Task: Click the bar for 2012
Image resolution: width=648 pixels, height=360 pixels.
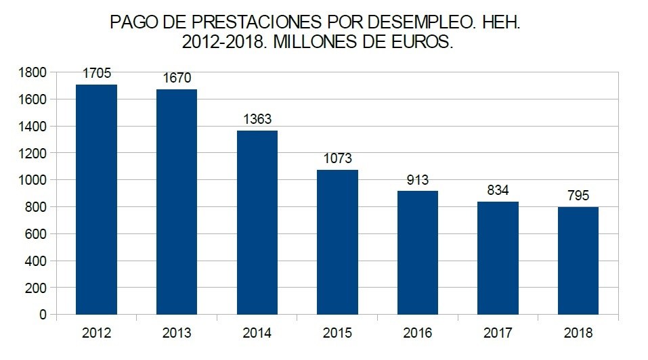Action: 96,200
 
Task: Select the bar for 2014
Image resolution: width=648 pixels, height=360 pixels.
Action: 257,223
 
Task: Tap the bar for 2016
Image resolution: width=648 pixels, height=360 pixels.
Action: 418,253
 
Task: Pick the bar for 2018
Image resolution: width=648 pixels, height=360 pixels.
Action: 578,261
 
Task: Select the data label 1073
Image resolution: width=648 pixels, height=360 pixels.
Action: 337,160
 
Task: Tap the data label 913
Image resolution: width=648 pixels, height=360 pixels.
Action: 418,181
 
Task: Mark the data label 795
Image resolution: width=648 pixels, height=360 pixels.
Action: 578,197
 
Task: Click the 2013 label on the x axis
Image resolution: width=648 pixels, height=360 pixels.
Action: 177,333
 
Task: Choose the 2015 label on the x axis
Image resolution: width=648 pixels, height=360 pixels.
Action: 337,333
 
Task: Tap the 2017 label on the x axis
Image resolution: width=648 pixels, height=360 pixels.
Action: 498,333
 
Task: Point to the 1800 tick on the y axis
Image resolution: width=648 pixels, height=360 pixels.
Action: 33,72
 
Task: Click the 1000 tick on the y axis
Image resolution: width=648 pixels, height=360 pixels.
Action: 33,180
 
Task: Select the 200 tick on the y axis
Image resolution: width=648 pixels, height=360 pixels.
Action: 37,288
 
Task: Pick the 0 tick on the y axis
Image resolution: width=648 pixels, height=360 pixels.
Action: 43,315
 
